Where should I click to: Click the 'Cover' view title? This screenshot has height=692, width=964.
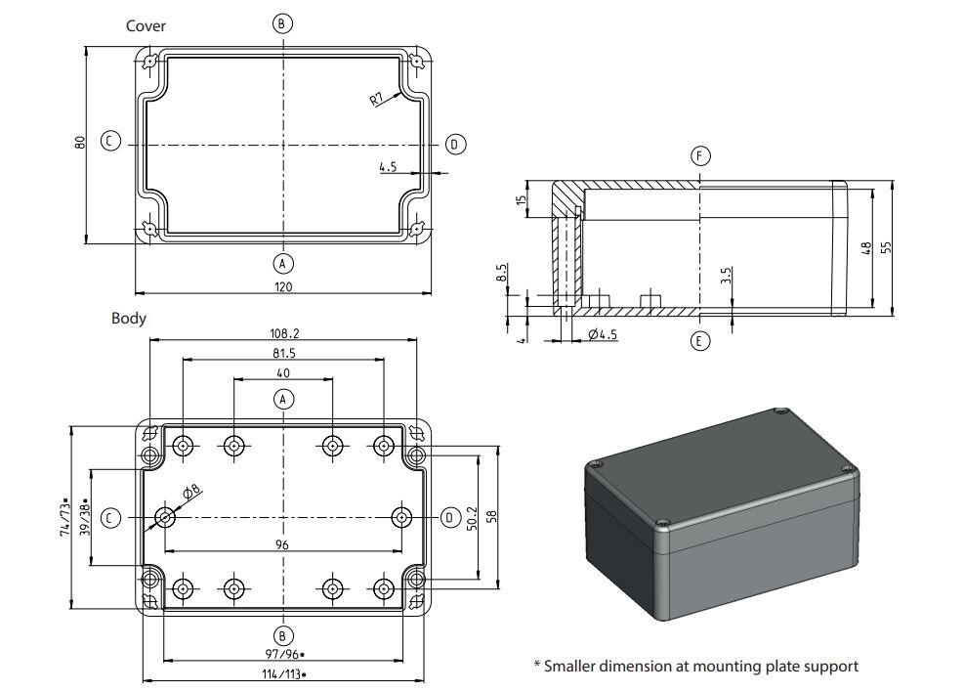pos(146,26)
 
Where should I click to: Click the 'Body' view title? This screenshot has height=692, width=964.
pos(128,318)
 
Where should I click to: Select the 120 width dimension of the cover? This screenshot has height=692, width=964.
pos(283,286)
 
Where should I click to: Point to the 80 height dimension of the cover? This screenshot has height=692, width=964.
pos(80,142)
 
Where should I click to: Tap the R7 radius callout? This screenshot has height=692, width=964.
pos(378,99)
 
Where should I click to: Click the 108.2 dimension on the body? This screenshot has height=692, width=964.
pos(283,333)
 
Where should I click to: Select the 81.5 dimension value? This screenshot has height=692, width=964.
pos(283,353)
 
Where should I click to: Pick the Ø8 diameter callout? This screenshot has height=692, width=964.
pos(190,491)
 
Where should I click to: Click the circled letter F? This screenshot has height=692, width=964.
pos(699,156)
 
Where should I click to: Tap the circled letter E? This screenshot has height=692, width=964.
pos(699,340)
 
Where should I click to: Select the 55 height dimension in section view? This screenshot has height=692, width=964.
pos(886,248)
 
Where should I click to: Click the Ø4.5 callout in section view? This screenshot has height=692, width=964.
pos(603,335)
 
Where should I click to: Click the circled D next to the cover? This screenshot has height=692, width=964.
pos(454,145)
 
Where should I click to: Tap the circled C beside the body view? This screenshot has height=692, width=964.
pos(112,517)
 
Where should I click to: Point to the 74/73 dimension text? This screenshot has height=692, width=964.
pos(65,516)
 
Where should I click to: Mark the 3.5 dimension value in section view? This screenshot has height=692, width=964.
pos(725,277)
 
